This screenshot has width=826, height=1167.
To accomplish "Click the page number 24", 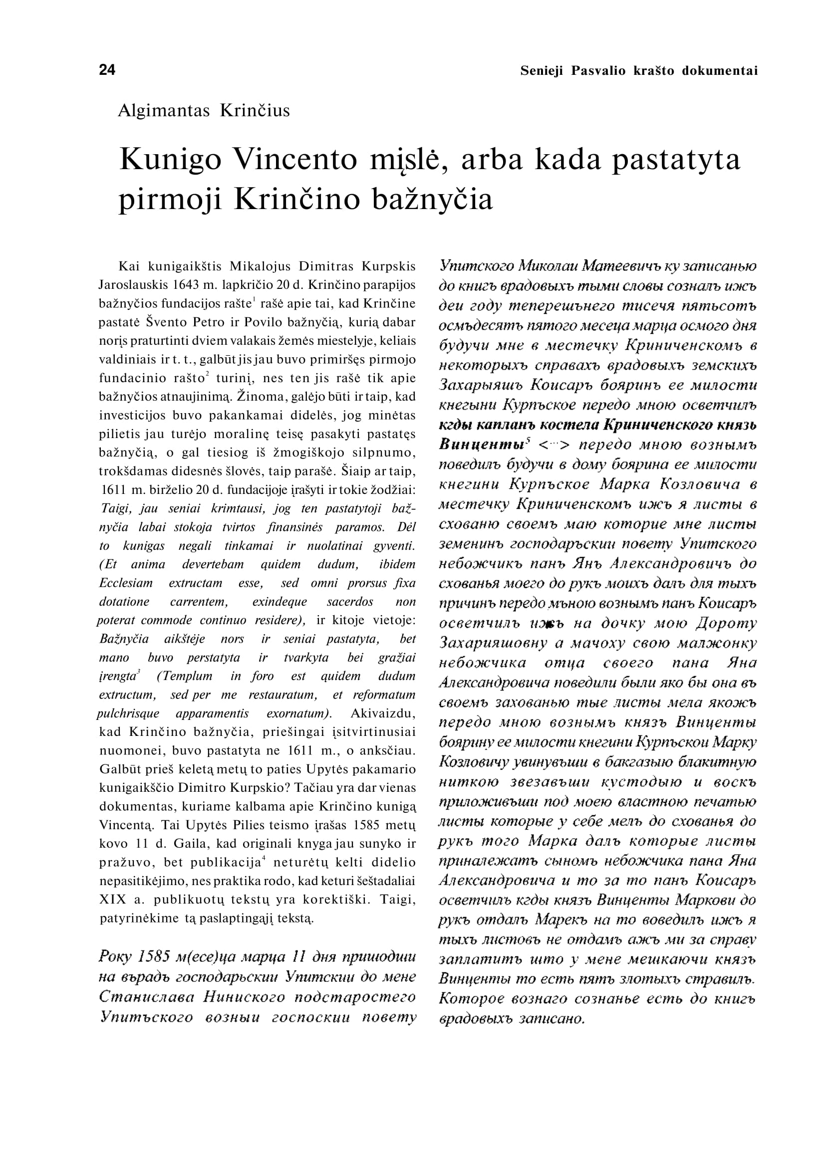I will point(107,70).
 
